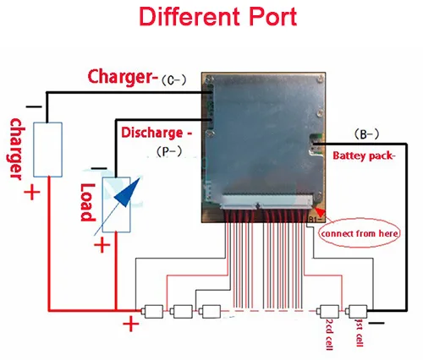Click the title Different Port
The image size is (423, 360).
(x=217, y=17)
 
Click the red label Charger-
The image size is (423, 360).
(x=123, y=76)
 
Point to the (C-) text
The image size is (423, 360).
(x=173, y=80)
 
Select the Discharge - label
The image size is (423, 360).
(x=157, y=133)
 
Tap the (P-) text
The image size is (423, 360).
(x=169, y=151)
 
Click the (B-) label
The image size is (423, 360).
(x=366, y=134)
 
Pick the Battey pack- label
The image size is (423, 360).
(x=364, y=155)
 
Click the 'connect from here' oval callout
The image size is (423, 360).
(x=360, y=233)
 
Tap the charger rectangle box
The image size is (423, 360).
(x=47, y=150)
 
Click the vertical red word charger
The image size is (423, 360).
(x=16, y=149)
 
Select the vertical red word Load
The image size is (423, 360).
(x=87, y=202)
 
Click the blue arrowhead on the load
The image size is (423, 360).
(x=128, y=193)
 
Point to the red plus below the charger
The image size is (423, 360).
(x=32, y=193)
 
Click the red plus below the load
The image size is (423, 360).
(x=102, y=245)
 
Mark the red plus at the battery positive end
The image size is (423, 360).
(x=131, y=324)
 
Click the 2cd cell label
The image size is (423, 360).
(x=329, y=335)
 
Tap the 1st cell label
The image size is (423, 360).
(x=360, y=333)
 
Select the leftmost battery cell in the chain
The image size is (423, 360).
(x=152, y=311)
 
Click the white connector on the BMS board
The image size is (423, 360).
(x=266, y=202)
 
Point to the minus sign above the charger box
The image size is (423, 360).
(x=34, y=106)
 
